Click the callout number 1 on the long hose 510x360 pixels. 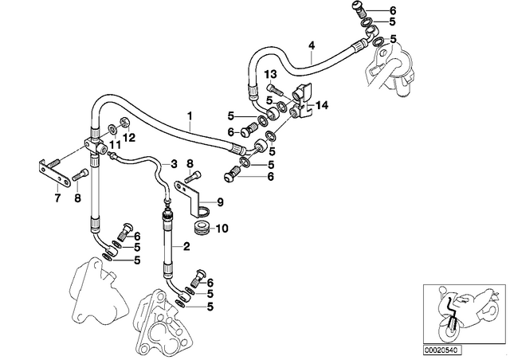(x=190, y=115)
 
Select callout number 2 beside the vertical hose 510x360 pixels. (x=186, y=246)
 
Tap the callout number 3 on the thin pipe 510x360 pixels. (x=174, y=164)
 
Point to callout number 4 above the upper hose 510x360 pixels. (x=312, y=45)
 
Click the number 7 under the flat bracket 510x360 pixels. (x=57, y=198)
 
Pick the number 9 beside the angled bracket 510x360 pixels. (x=220, y=202)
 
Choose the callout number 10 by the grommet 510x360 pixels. (x=222, y=229)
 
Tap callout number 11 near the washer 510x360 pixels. (x=115, y=144)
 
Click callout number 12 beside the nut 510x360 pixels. (x=129, y=138)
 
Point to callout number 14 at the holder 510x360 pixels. (x=321, y=105)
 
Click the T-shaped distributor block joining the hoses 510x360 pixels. (x=95, y=146)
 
